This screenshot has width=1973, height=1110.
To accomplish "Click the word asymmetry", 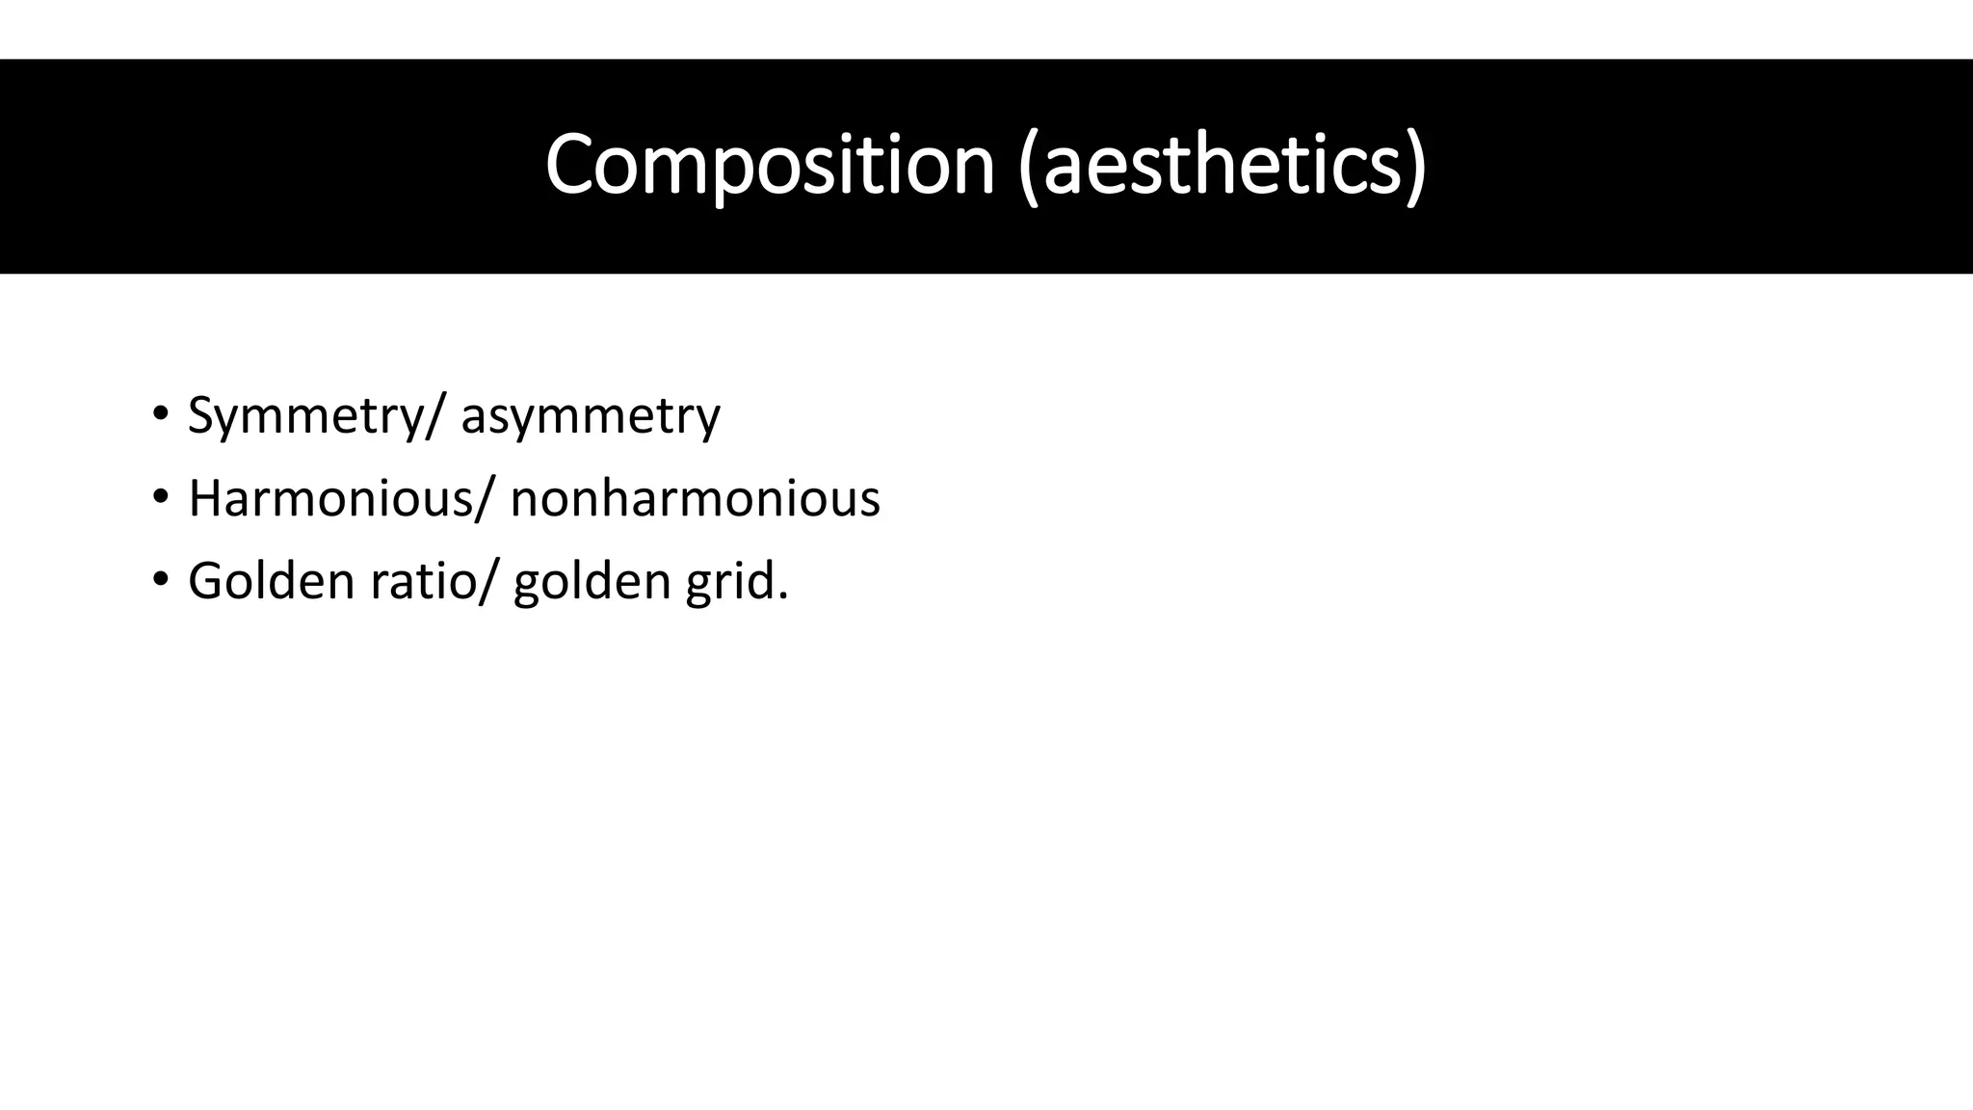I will coord(591,416).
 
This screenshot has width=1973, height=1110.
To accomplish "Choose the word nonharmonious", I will coord(695,499).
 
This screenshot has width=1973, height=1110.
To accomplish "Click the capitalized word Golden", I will coord(272,581).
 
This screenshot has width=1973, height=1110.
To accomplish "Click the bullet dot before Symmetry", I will coord(160,415).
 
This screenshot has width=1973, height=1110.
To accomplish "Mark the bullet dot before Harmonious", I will coord(160,498).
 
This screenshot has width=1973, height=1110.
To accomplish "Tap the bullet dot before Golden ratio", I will coord(160,580).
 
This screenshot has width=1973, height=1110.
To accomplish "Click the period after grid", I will coord(783,597).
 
